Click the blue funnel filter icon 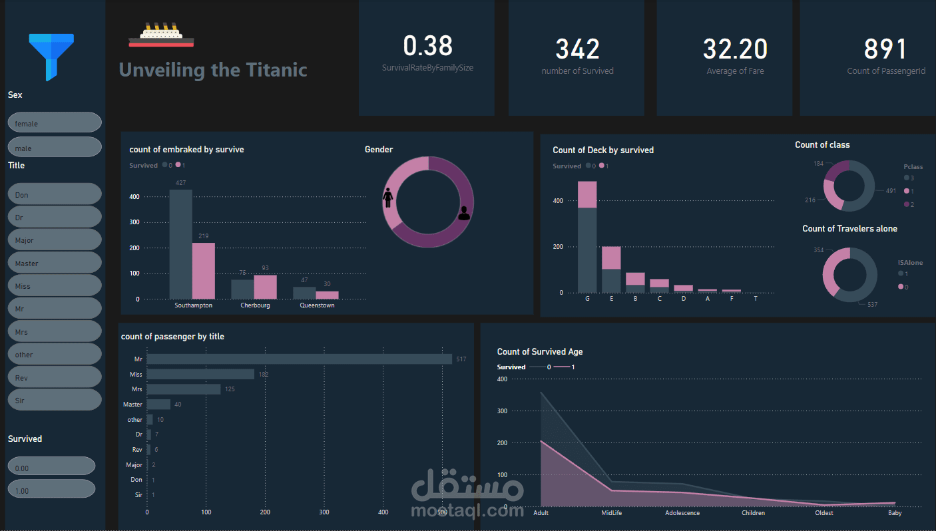(51, 57)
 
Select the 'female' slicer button (54, 123)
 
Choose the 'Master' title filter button (54, 263)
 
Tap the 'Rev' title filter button (54, 377)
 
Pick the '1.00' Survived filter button (51, 490)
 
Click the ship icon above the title (161, 35)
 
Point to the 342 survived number (577, 49)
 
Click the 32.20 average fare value (735, 49)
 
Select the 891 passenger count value (885, 49)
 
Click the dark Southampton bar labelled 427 (180, 244)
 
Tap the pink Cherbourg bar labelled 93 (265, 287)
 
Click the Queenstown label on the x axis (317, 305)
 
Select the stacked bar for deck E (611, 269)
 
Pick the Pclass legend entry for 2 (908, 204)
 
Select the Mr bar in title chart (299, 359)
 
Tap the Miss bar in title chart (200, 375)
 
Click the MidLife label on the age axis (612, 513)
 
